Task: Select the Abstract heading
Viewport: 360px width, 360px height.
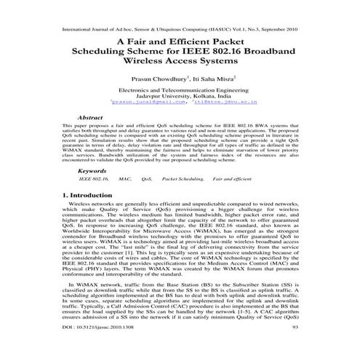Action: pos(89,116)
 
